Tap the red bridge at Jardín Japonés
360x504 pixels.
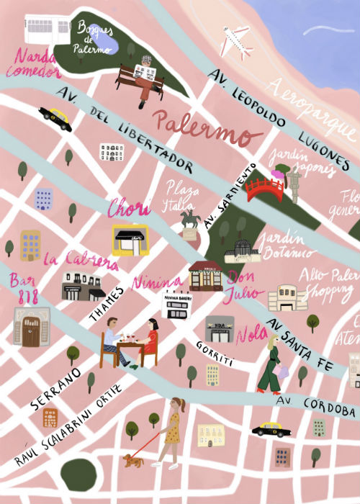[264, 189]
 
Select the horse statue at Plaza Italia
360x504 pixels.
[189, 220]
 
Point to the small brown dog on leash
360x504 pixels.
[132, 459]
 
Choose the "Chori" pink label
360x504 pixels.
[129, 209]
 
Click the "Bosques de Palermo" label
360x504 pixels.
[94, 36]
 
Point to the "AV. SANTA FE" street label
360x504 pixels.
[299, 348]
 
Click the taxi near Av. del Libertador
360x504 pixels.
[55, 117]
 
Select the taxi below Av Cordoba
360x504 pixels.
[271, 430]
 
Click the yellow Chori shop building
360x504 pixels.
[130, 240]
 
